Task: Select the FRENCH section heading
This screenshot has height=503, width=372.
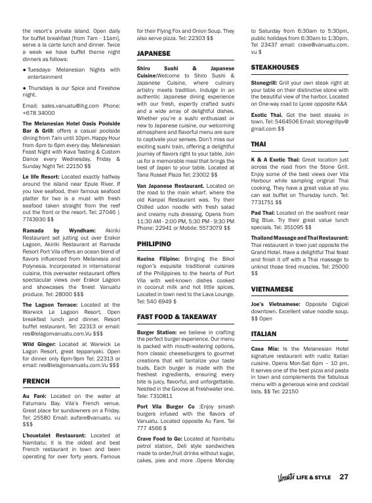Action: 36,380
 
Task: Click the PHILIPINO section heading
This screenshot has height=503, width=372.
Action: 154,243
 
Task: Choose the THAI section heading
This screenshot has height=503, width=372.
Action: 258,143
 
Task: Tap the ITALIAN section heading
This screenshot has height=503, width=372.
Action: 264,334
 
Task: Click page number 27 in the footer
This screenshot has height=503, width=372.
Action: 344,477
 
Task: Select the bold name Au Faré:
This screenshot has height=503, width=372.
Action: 33,397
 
